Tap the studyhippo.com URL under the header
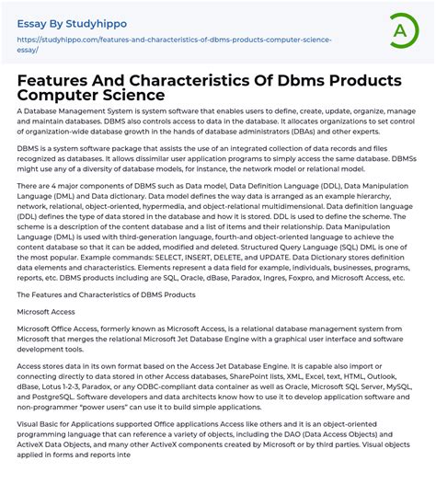(x=175, y=40)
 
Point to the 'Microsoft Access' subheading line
(x=47, y=312)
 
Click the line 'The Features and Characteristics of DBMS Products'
(x=106, y=294)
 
